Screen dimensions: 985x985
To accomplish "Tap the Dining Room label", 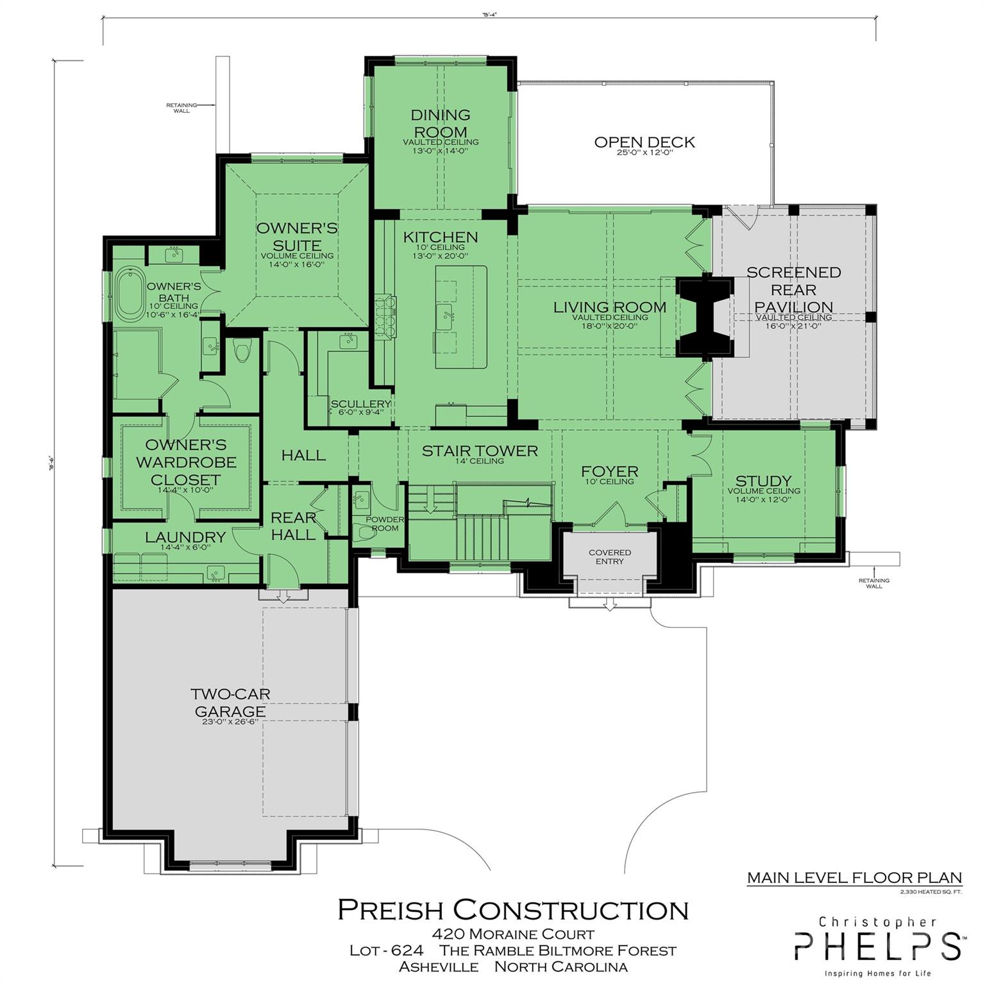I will pyautogui.click(x=441, y=123).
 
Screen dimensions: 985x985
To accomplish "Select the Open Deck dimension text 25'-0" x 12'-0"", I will pyautogui.click(x=644, y=154).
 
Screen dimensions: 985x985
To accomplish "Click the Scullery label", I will pyautogui.click(x=360, y=404).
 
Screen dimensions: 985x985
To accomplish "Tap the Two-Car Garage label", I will pyautogui.click(x=230, y=703).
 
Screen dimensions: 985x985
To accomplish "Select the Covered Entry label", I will pyautogui.click(x=609, y=557).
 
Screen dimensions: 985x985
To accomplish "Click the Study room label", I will pyautogui.click(x=763, y=481).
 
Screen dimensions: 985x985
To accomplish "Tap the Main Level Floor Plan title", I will pyautogui.click(x=854, y=878).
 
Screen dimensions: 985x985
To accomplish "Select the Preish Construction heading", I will pyautogui.click(x=513, y=910).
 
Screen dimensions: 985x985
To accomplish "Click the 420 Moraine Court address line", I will pyautogui.click(x=513, y=934).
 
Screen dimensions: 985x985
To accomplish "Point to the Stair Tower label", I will pyautogui.click(x=480, y=451).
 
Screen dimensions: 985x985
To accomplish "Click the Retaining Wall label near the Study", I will pyautogui.click(x=873, y=583).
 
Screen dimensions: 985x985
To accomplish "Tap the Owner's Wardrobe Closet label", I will pyautogui.click(x=185, y=462).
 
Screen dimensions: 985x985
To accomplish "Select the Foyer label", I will pyautogui.click(x=609, y=472).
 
